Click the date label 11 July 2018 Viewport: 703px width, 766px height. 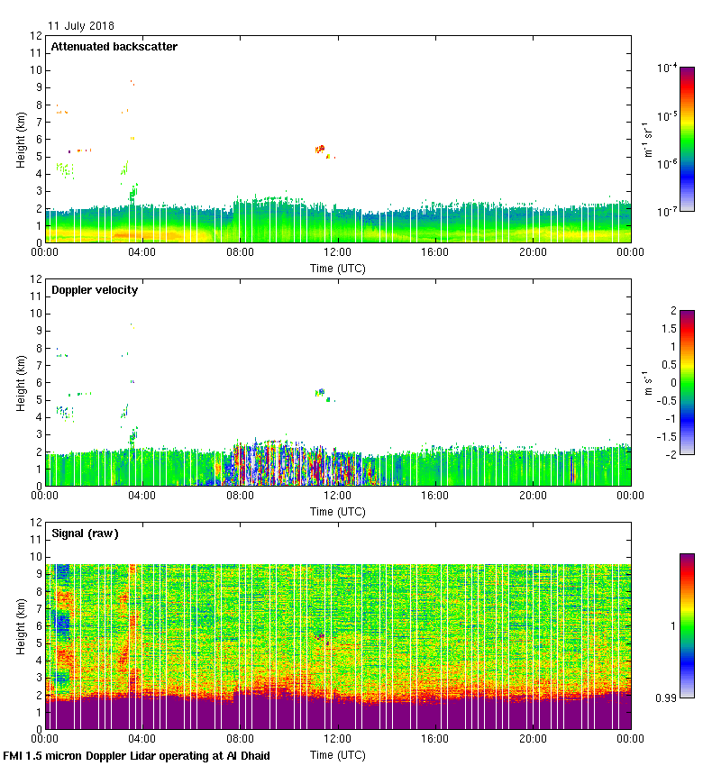tap(81, 26)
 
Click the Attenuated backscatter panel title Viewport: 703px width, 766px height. tap(114, 46)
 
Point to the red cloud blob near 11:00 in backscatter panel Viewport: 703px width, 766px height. tap(320, 149)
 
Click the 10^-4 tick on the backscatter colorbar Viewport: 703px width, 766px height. tap(667, 68)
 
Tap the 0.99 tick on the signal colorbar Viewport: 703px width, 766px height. tap(667, 697)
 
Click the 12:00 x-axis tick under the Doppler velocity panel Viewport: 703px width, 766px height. tap(337, 495)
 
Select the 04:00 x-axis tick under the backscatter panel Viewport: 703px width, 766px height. tap(142, 251)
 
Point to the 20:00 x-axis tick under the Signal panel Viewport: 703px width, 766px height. tap(533, 738)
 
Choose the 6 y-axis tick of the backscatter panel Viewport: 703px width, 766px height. tap(36, 139)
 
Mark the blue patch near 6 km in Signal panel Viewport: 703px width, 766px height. tap(61, 622)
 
